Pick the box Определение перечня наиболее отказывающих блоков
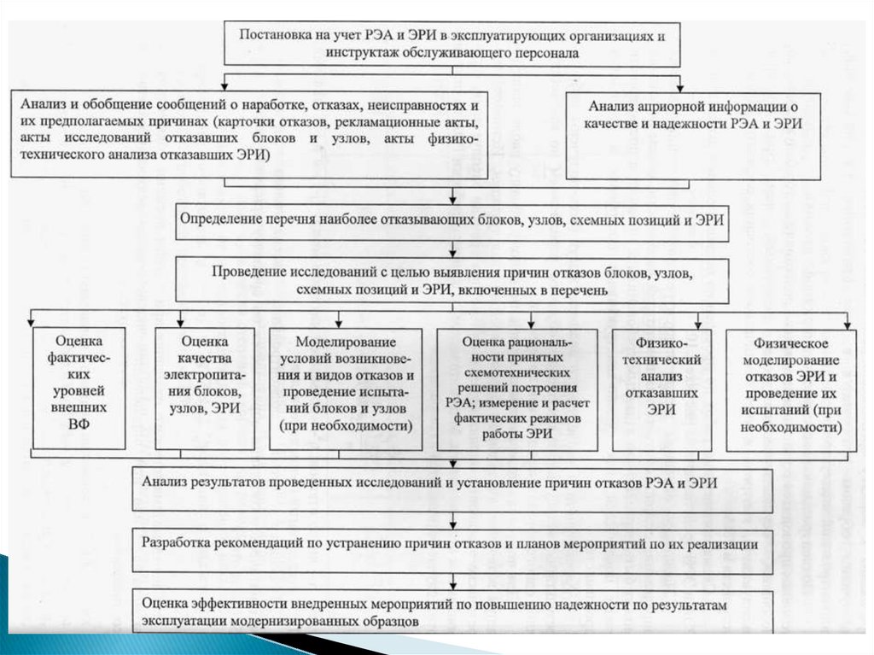click(452, 219)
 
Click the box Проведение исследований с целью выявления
click(452, 281)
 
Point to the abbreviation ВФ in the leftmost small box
click(79, 422)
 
